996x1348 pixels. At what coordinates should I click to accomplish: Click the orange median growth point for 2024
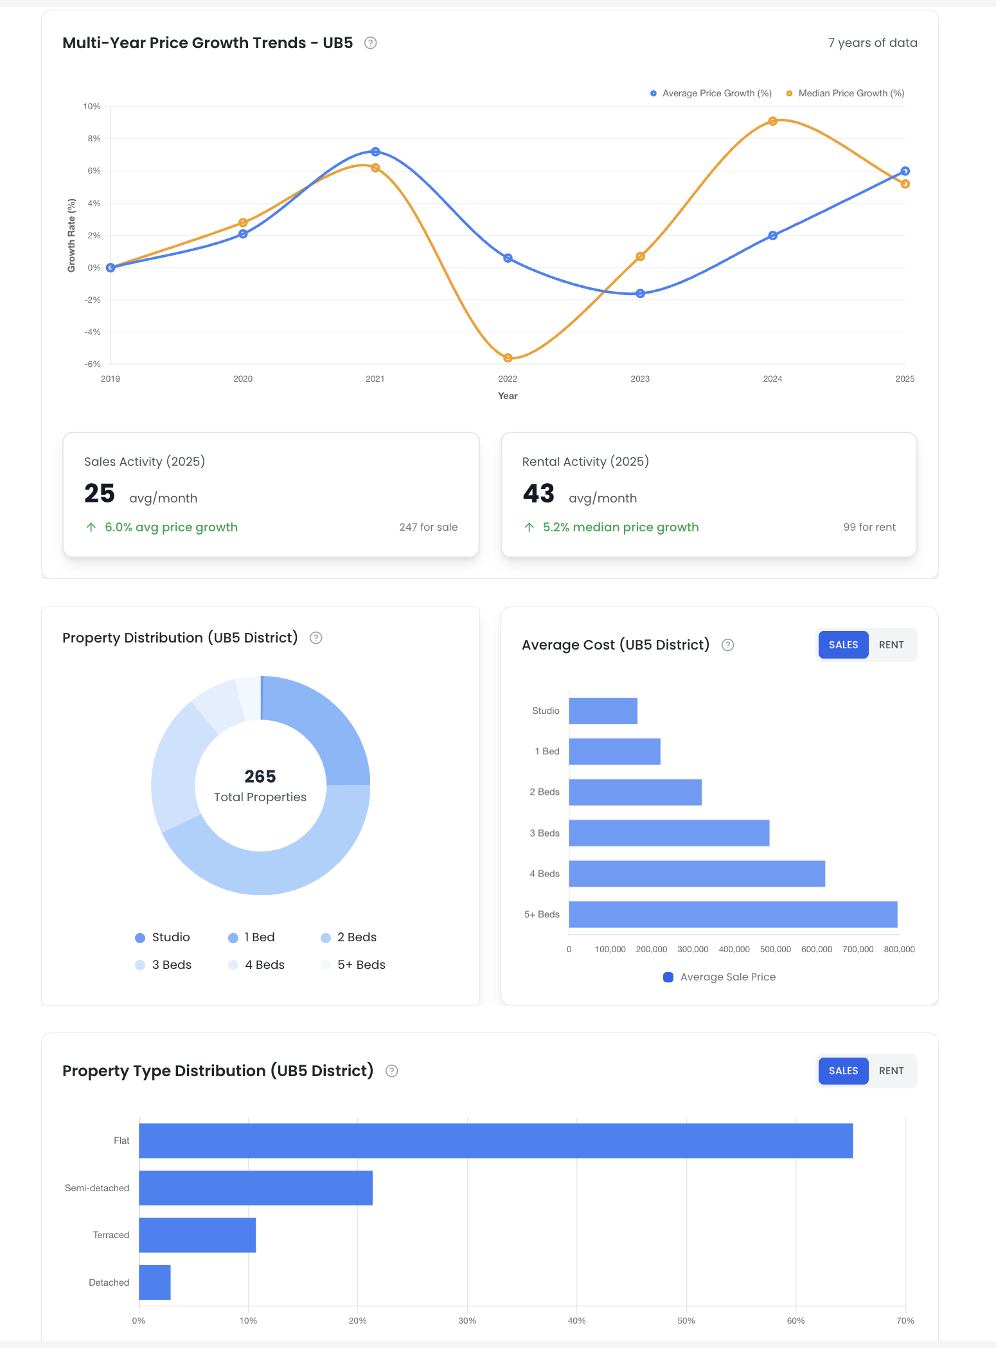pos(772,121)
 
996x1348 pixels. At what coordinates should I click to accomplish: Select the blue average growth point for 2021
pos(375,152)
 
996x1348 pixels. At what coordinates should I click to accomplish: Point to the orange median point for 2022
pos(508,358)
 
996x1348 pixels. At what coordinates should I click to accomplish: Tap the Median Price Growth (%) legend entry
pos(845,93)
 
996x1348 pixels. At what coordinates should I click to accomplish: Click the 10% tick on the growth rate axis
pos(92,107)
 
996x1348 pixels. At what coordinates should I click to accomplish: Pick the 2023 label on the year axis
pos(640,379)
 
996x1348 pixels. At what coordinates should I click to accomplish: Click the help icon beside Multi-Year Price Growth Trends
pos(370,43)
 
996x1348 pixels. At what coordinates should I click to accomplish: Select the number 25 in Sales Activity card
pos(100,493)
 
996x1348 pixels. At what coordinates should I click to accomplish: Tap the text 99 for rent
pos(869,527)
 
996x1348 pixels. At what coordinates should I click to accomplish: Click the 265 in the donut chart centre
pos(260,776)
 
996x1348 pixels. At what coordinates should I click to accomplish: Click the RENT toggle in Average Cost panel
pos(891,644)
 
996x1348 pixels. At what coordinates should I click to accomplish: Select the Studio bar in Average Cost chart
pos(603,711)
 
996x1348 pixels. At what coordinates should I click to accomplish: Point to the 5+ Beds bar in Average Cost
pos(733,914)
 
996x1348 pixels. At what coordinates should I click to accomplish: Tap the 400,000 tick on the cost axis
pos(734,950)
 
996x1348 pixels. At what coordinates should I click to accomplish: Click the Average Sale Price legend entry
pos(720,977)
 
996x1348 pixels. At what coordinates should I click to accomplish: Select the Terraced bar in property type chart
pos(197,1235)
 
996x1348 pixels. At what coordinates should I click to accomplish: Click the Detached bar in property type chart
pos(155,1282)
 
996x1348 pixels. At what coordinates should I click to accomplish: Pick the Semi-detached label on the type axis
pos(97,1188)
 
